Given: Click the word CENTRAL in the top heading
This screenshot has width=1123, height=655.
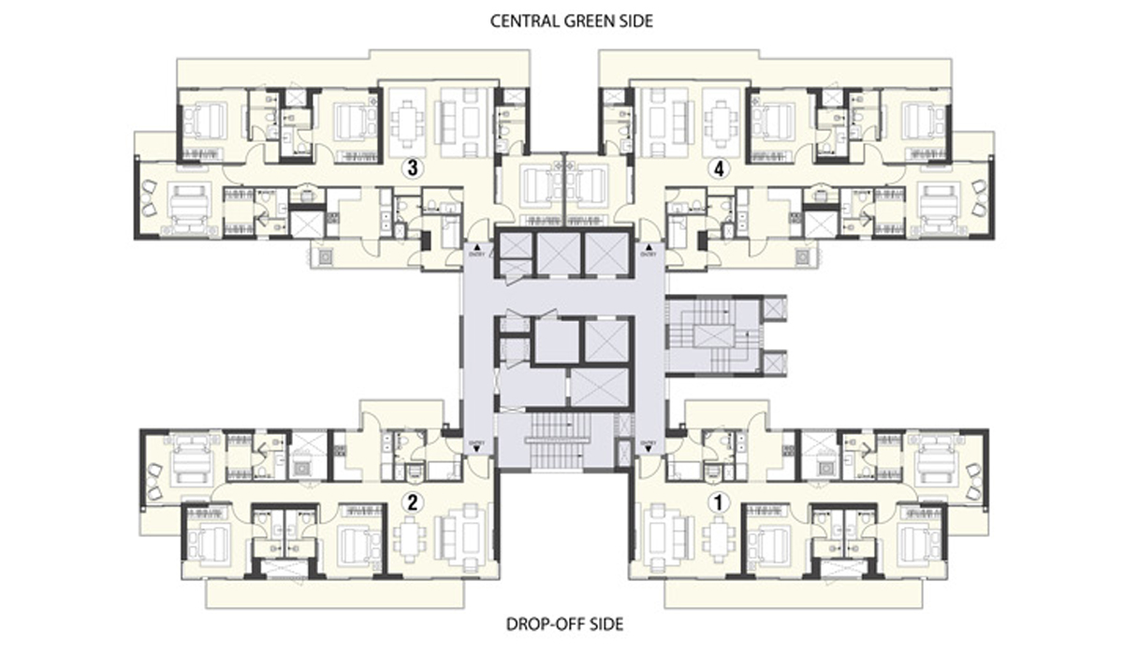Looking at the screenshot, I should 521,20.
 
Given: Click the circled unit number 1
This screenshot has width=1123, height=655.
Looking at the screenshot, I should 719,502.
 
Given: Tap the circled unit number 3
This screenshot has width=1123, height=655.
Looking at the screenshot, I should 408,168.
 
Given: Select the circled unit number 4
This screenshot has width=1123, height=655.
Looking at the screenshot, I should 718,168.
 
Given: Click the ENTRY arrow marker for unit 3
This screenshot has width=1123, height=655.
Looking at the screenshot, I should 474,248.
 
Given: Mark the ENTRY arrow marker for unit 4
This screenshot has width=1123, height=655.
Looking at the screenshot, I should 649,248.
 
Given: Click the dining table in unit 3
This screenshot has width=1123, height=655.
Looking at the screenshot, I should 408,121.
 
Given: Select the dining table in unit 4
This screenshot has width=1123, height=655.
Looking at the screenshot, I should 718,121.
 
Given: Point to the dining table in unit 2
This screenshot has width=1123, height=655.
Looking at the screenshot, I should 409,538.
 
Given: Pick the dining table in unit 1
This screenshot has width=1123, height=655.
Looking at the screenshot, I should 719,538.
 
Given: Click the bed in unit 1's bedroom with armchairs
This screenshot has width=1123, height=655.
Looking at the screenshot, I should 936,458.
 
